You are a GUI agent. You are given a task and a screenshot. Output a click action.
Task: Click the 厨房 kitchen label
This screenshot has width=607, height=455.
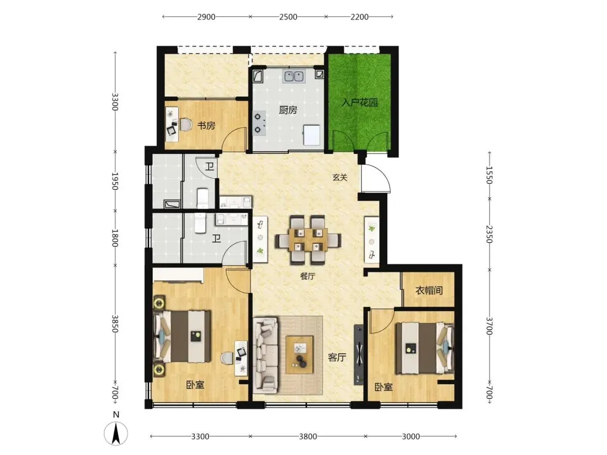coord(288,110)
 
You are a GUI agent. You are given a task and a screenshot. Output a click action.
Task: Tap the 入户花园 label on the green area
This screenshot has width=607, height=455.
coord(360,103)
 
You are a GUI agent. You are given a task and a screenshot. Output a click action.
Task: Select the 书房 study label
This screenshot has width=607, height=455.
coord(206,126)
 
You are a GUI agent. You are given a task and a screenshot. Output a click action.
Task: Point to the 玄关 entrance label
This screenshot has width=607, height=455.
coord(340,178)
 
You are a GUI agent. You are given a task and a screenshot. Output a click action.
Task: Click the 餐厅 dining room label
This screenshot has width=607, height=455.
coord(308,276)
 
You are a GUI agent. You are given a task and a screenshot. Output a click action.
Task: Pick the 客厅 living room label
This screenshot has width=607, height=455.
coord(337,357)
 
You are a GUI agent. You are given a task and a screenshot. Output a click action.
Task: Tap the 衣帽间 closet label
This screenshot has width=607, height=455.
coord(429,290)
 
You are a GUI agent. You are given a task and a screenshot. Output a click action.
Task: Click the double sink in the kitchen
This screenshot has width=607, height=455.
coord(294,76)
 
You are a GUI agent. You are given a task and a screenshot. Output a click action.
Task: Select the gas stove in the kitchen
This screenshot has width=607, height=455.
coord(259,123)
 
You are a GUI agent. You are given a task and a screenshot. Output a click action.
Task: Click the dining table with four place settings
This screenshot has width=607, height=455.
coord(308,240)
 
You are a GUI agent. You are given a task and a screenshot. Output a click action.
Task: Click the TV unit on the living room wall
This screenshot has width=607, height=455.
coord(359,354)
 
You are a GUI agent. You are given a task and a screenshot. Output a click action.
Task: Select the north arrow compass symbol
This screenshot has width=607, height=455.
coord(116,433)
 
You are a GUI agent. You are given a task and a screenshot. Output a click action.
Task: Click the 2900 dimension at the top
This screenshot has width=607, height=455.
coord(206,17)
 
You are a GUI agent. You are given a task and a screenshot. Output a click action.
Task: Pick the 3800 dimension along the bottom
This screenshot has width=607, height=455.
coord(308,436)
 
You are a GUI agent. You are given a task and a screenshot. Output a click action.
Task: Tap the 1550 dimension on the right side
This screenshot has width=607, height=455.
coord(490,175)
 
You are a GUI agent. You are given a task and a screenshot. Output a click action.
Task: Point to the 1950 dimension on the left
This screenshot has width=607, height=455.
coord(115,181)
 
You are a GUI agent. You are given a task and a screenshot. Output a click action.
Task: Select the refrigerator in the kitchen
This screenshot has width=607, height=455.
coord(312,135)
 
